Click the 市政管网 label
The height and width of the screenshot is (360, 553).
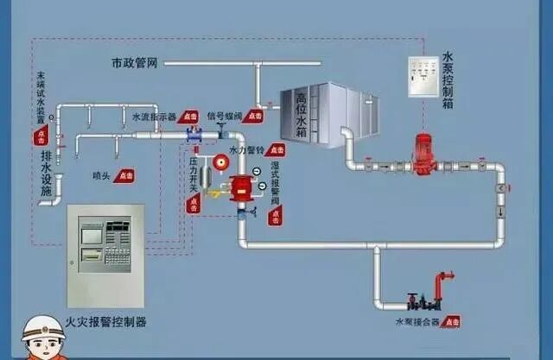point(136,63)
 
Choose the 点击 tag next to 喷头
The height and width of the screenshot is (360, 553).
point(126,175)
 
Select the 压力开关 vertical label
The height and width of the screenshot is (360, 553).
point(193,175)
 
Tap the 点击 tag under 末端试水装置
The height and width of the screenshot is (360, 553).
point(40,136)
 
